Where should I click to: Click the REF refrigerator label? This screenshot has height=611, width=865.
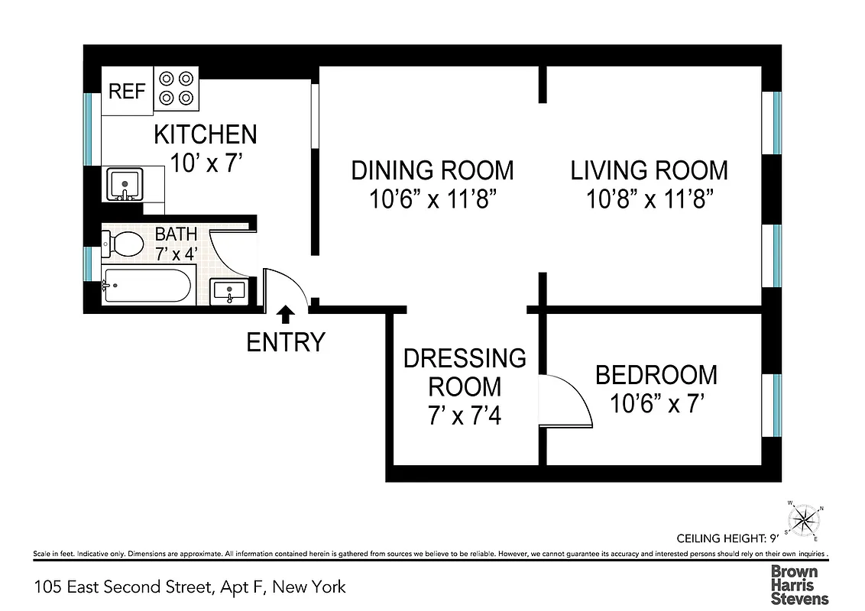click(x=127, y=92)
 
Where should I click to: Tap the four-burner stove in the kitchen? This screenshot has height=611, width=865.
click(x=176, y=88)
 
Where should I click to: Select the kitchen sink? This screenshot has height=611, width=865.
click(x=123, y=184)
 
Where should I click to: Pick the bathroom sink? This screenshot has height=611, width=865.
click(x=228, y=291)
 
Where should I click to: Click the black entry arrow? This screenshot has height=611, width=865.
click(x=286, y=314)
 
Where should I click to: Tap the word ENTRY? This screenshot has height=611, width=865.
click(x=286, y=342)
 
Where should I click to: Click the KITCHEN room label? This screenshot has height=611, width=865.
click(x=205, y=134)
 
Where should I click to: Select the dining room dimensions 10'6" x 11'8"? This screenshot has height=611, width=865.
click(x=433, y=200)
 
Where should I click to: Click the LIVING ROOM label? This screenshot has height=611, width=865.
click(x=650, y=170)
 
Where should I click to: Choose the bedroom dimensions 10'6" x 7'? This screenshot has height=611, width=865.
click(x=656, y=402)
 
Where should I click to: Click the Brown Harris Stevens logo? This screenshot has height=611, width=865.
click(x=799, y=585)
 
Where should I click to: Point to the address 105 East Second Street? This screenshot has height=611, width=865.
click(x=190, y=587)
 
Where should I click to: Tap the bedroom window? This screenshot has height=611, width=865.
click(x=776, y=405)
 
